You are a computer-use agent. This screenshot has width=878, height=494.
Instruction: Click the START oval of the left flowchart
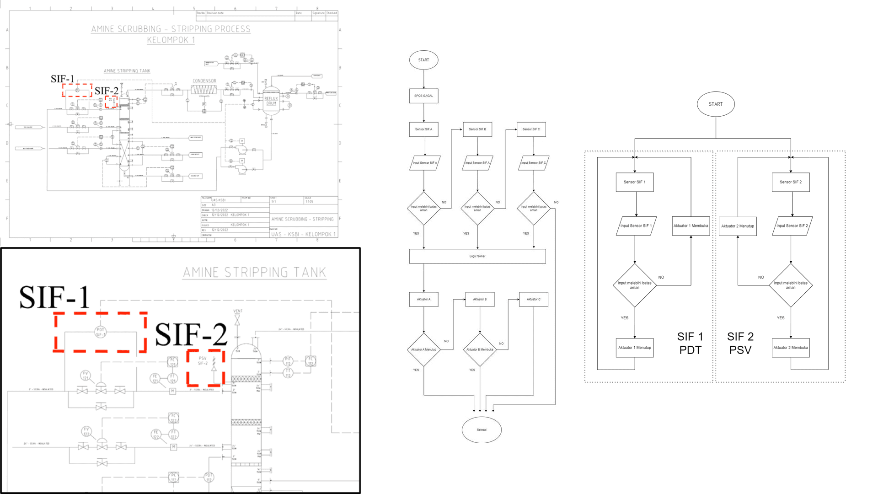[423, 60]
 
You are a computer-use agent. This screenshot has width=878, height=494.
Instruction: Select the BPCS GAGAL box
[423, 96]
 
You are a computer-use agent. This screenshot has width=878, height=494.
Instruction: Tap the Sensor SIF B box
[477, 129]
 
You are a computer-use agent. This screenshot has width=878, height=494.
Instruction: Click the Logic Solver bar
[477, 256]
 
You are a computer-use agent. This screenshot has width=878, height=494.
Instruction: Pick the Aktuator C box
[533, 300]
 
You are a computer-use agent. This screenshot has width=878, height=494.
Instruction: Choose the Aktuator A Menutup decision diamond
[423, 349]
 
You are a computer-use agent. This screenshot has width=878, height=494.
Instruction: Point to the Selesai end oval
[482, 430]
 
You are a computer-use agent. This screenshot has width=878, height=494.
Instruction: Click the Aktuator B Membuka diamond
[480, 349]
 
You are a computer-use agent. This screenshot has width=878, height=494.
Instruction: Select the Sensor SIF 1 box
[635, 182]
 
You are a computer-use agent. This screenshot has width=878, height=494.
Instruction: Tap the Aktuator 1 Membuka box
[691, 226]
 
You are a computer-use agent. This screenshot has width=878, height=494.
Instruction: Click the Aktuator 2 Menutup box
[738, 226]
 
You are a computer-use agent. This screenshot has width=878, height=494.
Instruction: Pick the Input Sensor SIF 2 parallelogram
[792, 226]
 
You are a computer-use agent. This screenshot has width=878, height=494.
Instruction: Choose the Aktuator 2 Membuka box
[791, 348]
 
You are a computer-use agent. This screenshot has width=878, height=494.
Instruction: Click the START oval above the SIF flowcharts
[716, 104]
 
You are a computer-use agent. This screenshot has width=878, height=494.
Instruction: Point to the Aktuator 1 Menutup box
[635, 348]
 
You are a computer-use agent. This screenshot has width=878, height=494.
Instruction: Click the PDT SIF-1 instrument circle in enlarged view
[101, 332]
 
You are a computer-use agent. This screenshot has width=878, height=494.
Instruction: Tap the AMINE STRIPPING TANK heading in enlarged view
[254, 273]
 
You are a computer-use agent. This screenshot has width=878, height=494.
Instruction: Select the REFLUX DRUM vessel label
[271, 101]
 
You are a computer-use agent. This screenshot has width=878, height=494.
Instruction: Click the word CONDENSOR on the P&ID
[204, 81]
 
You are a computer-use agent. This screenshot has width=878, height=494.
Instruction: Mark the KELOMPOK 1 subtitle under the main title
[171, 40]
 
